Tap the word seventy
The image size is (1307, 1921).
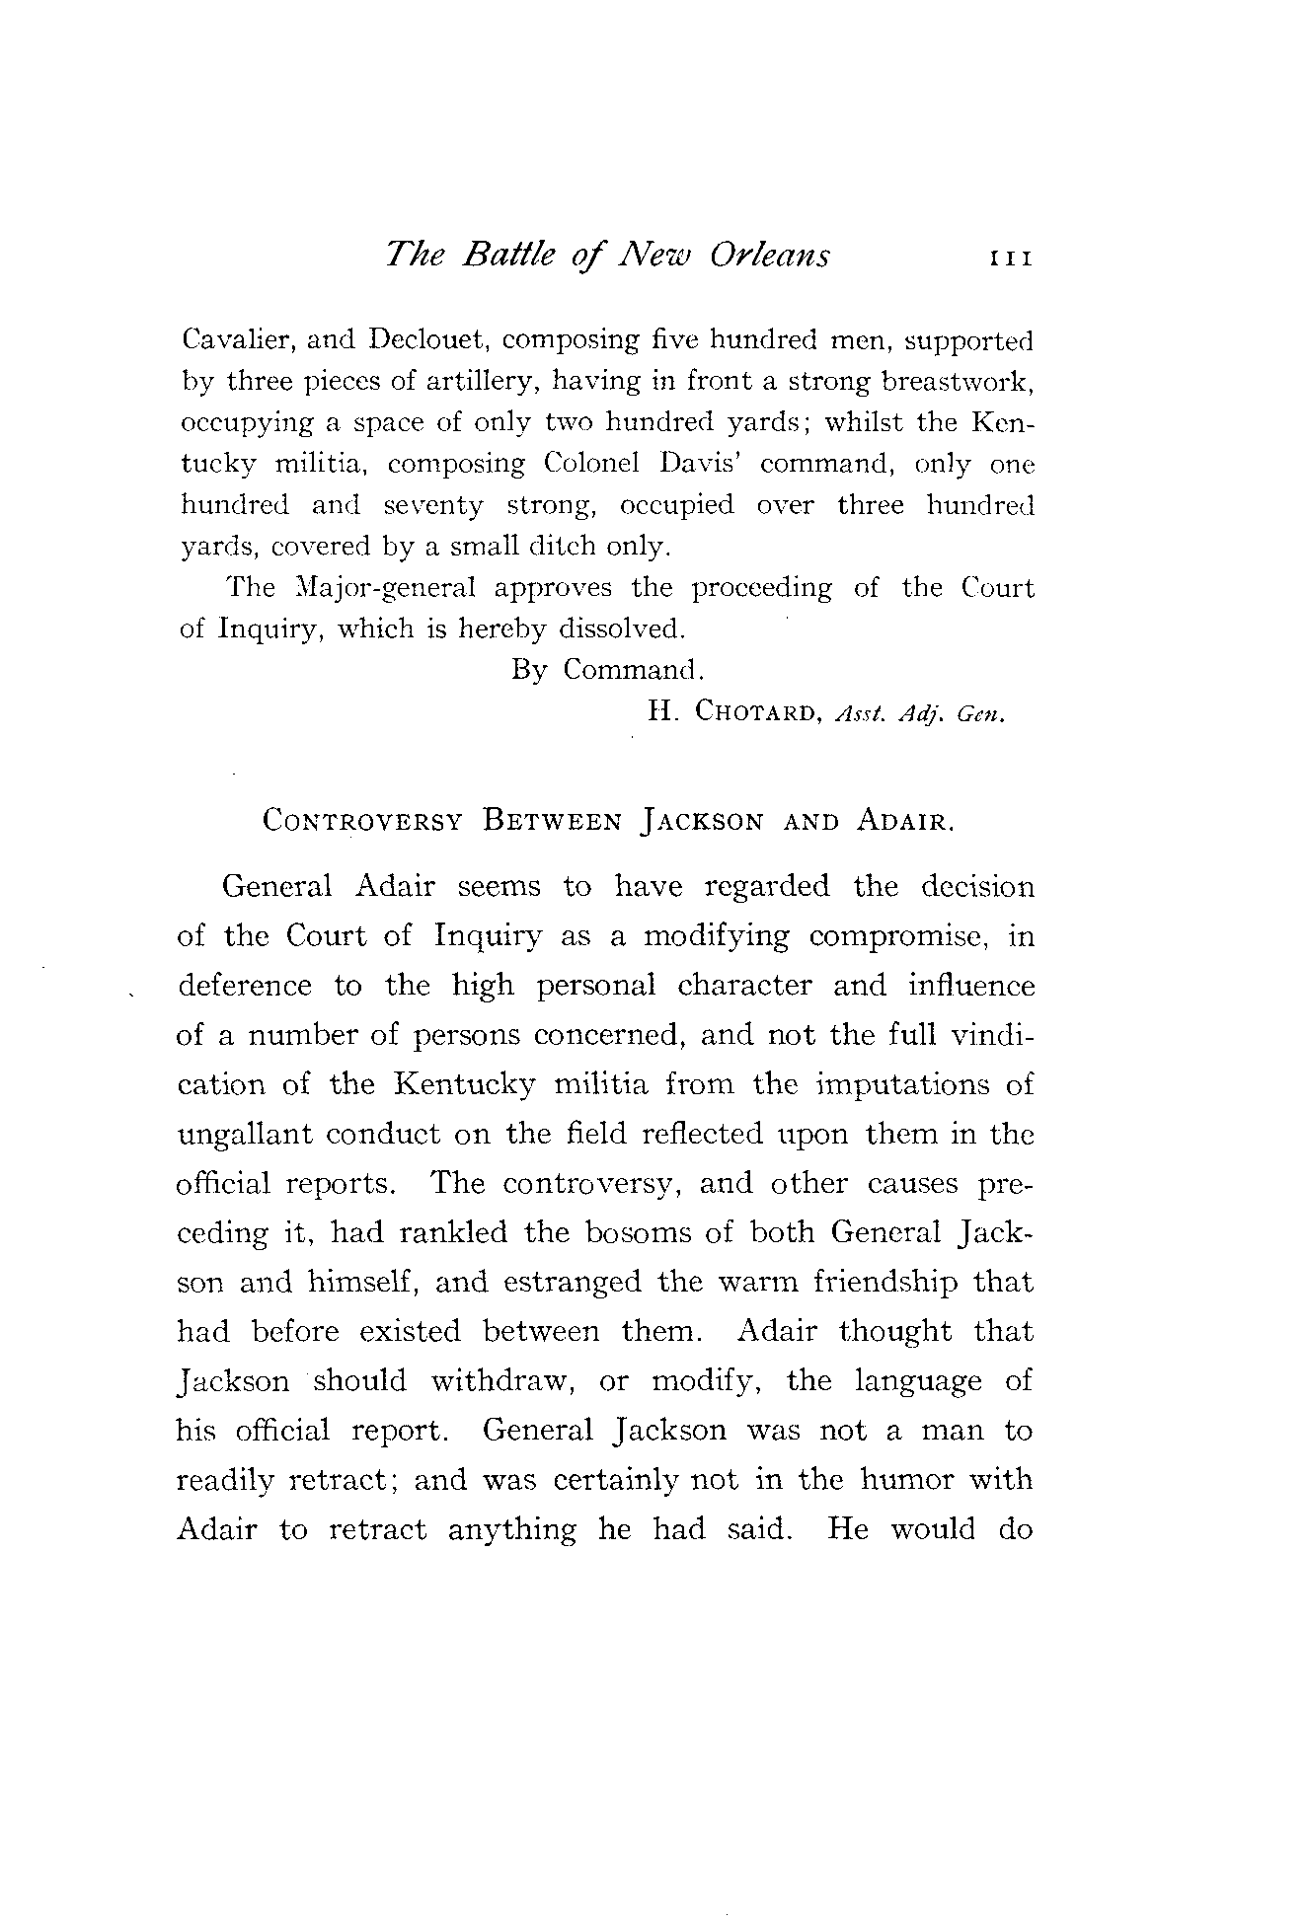click(433, 505)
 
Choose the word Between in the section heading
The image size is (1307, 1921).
click(552, 821)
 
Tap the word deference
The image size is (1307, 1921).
click(244, 986)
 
